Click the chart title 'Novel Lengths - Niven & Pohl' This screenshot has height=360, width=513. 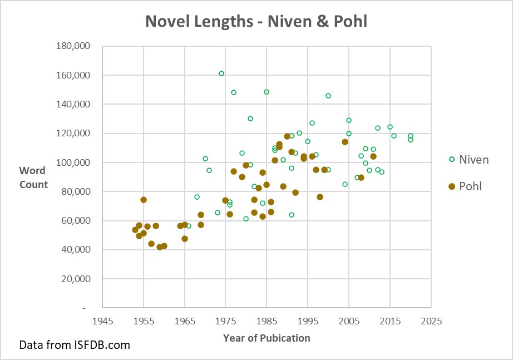256,21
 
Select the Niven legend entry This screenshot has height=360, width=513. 468,160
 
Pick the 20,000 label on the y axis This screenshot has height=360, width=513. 76,279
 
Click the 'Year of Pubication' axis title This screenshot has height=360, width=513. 267,338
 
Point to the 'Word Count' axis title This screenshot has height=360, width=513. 34,177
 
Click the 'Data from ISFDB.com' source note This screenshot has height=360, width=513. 75,345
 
